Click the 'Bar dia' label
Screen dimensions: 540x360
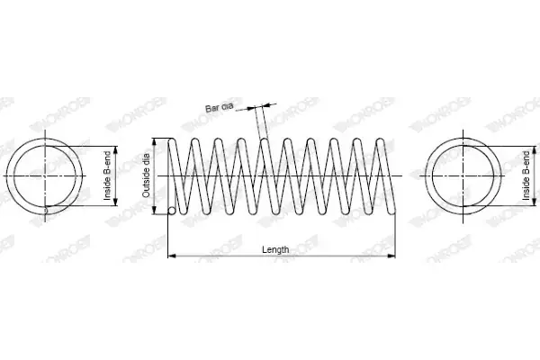pyautogui.click(x=220, y=107)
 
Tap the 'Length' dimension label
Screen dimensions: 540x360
pyautogui.click(x=275, y=249)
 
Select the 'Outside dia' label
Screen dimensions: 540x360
pyautogui.click(x=146, y=175)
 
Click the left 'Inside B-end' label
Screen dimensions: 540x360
pyautogui.click(x=107, y=175)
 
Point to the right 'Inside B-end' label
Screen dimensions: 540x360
pyautogui.click(x=526, y=175)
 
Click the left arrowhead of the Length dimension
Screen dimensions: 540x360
pyautogui.click(x=172, y=256)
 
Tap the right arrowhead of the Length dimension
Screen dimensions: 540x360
pyautogui.click(x=391, y=256)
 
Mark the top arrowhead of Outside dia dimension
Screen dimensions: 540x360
pyautogui.click(x=155, y=142)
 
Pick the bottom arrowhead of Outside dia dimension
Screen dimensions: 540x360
pyautogui.click(x=155, y=210)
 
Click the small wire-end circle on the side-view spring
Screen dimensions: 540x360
pyautogui.click(x=172, y=211)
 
